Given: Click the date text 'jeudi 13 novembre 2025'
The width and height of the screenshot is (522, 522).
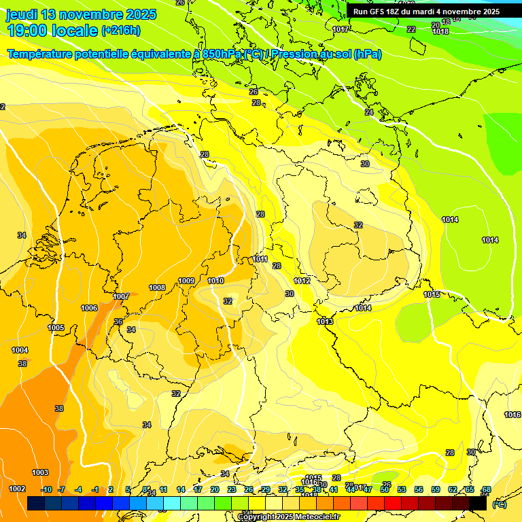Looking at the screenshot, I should pos(81,14).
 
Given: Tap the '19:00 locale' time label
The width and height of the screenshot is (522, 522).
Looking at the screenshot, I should pos(53,30).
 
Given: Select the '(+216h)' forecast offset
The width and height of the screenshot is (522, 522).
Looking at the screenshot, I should pos(121,31).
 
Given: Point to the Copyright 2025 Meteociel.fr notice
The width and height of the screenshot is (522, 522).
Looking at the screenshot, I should pos(289,517).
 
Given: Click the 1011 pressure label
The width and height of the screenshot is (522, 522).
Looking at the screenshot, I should pos(260,259).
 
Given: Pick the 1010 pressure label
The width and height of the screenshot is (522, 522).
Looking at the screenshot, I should pos(215,281).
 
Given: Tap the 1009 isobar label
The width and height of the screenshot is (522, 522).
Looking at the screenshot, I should pos(186,281).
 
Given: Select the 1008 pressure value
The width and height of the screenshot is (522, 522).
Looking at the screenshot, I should pos(157,288).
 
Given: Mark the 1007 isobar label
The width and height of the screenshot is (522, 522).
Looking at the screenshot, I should pos(121,296).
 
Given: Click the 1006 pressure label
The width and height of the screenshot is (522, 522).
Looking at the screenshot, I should pos(89,308).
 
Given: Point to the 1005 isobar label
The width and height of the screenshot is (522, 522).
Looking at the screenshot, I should pos(56,328).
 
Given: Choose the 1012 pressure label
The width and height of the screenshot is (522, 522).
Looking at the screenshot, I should pos(302,281).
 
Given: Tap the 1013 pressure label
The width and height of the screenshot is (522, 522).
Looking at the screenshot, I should pos(325,321).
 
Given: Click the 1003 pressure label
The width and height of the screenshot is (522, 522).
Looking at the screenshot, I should pos(40,472).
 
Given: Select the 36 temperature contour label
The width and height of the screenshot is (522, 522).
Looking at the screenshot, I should pos(118,321).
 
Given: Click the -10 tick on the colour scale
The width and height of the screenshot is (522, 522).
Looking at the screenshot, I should pos(46,489).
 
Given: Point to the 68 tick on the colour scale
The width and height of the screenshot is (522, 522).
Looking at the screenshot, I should pos(486,489).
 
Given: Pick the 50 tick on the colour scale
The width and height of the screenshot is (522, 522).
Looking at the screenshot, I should pos(385,489).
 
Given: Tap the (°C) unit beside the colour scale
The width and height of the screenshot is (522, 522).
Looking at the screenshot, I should pos(500,504).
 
